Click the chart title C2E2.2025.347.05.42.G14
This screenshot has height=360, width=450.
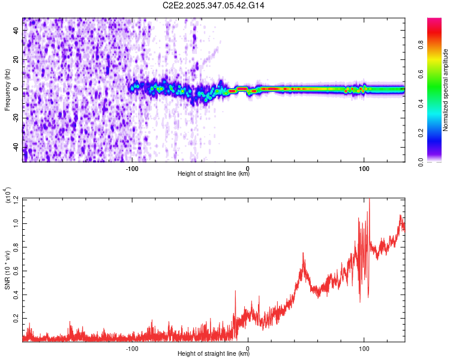214,5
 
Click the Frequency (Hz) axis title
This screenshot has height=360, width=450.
7,90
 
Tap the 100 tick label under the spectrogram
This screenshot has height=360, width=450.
364,168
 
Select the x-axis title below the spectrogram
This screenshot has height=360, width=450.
214,174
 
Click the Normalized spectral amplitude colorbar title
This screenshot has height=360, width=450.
446,90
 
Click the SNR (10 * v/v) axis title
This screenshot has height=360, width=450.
7,270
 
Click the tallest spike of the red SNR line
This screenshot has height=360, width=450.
369,200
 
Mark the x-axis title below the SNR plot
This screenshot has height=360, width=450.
214,354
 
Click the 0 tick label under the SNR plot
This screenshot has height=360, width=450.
248,348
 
